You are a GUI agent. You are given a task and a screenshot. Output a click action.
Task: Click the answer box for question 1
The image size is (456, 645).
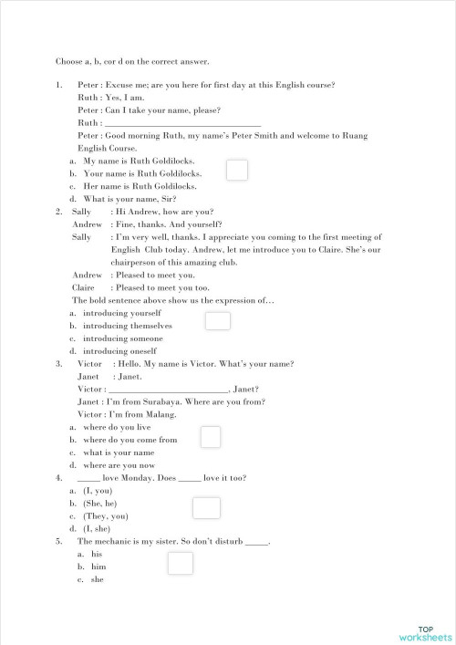tap(237, 171)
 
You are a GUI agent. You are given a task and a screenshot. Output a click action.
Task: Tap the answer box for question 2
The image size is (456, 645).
tap(218, 321)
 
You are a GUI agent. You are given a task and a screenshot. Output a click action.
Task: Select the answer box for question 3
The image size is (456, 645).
tap(211, 437)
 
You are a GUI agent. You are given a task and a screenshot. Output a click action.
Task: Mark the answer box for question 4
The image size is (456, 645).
tap(207, 508)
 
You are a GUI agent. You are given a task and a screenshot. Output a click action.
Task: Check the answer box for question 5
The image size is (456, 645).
tap(181, 564)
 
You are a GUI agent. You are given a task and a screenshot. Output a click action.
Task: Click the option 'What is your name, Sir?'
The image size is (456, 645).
tap(130, 199)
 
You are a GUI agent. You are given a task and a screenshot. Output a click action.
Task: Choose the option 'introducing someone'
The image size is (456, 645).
tap(120, 338)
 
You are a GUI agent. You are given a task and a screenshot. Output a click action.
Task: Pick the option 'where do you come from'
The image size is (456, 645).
tap(130, 440)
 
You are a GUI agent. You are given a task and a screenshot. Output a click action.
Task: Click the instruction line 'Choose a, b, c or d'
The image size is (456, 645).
tap(132, 62)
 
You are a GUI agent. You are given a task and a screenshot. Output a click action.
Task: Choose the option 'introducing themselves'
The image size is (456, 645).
tap(128, 325)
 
